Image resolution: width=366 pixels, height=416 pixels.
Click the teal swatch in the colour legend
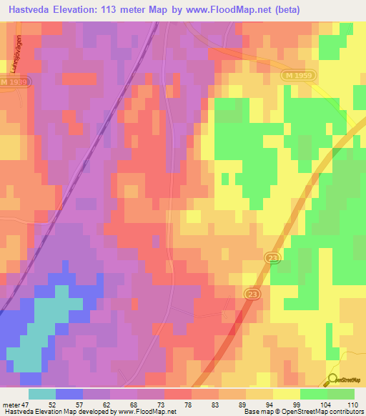click(x=41, y=394)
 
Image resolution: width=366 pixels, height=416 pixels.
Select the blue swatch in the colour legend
click(x=69, y=394)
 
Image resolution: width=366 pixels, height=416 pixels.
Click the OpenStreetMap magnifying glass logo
click(x=332, y=379)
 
